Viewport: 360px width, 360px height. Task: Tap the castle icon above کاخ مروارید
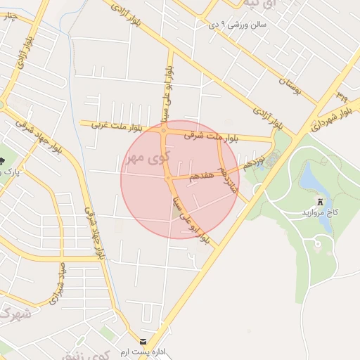pyautogui.click(x=321, y=200)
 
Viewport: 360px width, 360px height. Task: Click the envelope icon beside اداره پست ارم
pyautogui.click(x=144, y=342)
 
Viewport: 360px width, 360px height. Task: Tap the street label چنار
pyautogui.click(x=10, y=15)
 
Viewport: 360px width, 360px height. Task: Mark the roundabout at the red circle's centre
pyautogui.click(x=169, y=180)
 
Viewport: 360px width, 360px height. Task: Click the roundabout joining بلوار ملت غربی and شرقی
pyautogui.click(x=164, y=131)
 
